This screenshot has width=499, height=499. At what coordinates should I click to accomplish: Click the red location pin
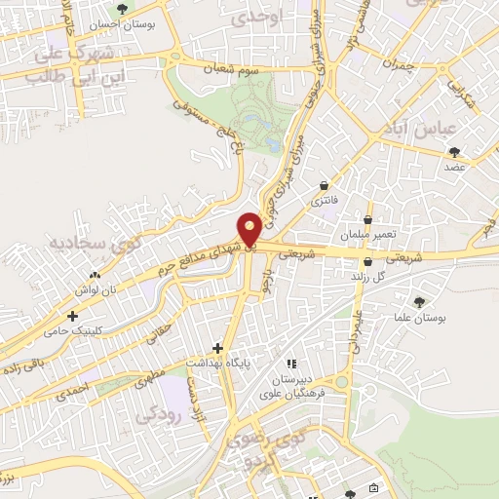[249, 228]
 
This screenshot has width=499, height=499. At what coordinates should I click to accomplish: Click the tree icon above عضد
[454, 151]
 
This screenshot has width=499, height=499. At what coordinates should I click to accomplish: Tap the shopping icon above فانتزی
[324, 185]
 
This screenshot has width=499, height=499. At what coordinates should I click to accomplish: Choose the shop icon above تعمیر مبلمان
[367, 220]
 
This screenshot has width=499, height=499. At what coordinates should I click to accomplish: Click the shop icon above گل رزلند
[367, 261]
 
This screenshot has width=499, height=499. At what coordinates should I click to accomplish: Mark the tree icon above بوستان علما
[420, 302]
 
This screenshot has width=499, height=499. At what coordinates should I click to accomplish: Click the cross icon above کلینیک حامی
[72, 316]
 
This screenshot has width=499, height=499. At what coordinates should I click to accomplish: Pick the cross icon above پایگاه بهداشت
[218, 347]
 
